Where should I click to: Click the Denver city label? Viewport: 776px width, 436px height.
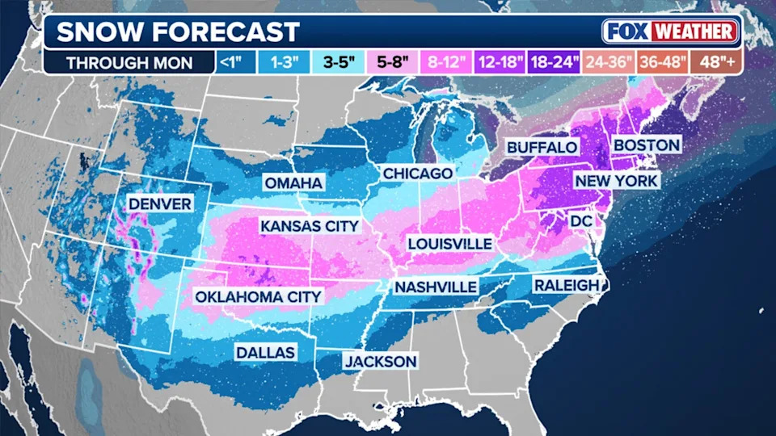(160, 203)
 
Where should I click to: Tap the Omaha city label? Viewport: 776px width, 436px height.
(293, 183)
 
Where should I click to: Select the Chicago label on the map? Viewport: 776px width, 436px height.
(417, 174)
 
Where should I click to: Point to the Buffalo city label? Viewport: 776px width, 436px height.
(542, 147)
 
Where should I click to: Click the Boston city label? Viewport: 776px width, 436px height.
(647, 145)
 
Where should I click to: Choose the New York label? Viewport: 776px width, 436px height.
(617, 180)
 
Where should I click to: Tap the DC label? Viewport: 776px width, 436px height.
(582, 220)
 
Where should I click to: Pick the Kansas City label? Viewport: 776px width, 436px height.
(309, 225)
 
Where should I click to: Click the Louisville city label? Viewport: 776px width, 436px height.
(449, 243)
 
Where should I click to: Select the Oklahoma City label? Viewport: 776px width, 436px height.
(259, 296)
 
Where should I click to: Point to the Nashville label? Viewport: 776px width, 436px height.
(435, 287)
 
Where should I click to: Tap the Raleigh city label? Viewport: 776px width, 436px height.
(566, 285)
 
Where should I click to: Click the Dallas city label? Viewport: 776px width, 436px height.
(265, 352)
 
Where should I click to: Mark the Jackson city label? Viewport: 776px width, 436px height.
(380, 361)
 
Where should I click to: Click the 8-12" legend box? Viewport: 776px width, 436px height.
(446, 61)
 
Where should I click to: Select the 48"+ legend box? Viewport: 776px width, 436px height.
(715, 61)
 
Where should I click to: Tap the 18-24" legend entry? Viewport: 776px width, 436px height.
(554, 61)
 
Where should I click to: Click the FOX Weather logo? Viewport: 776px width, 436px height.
(670, 31)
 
